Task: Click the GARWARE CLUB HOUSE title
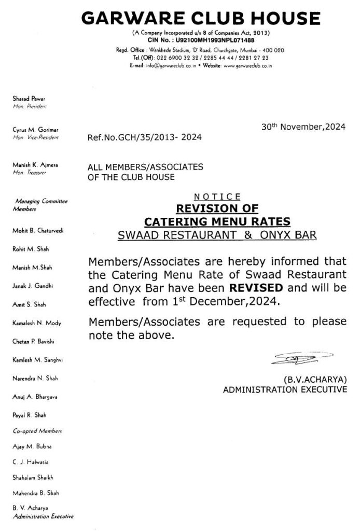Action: tap(200, 18)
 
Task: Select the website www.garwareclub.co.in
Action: tap(248, 66)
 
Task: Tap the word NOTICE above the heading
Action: tap(217, 197)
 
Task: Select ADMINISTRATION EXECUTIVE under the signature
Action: tap(285, 388)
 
